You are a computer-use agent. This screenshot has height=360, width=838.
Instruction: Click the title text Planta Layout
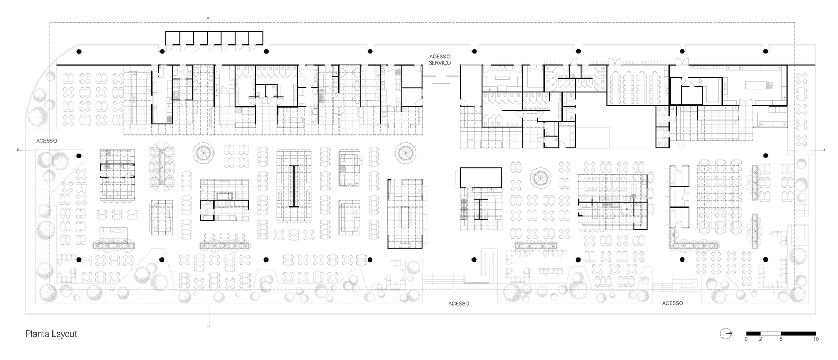tap(51, 334)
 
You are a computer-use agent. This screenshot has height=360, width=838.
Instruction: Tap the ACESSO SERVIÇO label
tap(440, 59)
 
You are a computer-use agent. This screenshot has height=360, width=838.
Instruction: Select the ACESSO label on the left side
tap(46, 141)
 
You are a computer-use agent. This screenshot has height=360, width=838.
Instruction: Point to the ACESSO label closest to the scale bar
tap(672, 303)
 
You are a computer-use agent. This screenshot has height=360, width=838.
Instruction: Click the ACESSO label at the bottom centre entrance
tap(458, 304)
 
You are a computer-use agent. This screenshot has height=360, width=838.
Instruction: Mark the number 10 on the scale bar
tap(816, 339)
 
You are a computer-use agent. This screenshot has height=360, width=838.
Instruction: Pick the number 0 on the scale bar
tap(746, 339)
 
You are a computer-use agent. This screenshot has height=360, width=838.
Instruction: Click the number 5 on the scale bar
tap(781, 339)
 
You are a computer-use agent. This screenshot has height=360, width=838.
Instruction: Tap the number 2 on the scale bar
tap(761, 339)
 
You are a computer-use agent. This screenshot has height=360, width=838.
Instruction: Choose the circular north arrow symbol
tap(726, 334)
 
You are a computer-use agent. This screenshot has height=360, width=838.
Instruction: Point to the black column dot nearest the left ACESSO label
tap(79, 155)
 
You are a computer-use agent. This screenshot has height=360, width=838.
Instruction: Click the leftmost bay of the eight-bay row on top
tap(172, 38)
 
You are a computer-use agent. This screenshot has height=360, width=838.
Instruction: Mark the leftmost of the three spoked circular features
tap(203, 152)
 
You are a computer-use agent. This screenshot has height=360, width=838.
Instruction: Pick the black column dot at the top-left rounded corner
tap(79, 51)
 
